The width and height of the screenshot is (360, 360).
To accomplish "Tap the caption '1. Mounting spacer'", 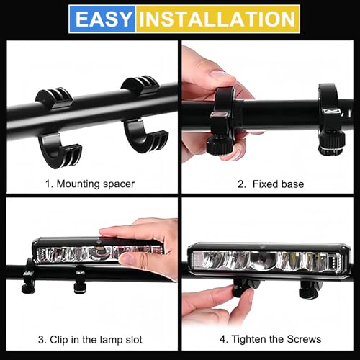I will click(90, 184).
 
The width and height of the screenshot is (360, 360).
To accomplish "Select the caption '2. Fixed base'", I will click(270, 184).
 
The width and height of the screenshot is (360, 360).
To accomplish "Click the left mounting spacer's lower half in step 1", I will click(56, 144).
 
